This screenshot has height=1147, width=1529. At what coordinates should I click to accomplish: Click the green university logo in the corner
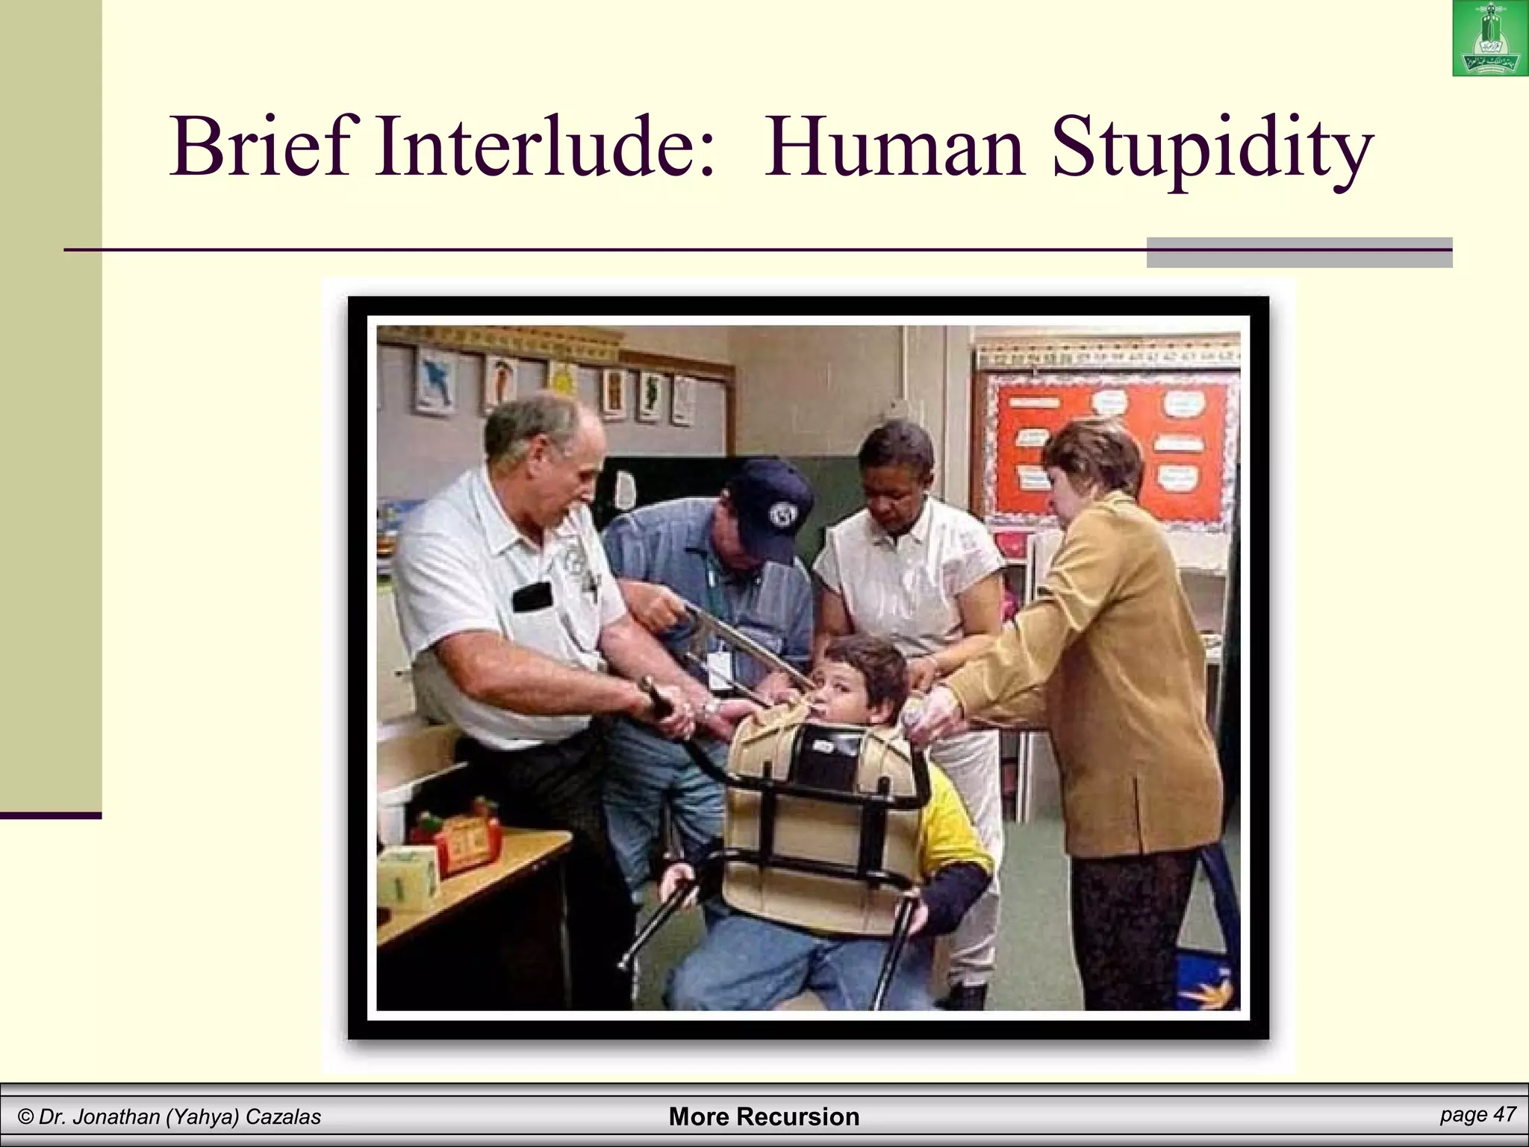click(1489, 39)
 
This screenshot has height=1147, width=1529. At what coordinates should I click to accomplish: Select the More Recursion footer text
click(764, 1116)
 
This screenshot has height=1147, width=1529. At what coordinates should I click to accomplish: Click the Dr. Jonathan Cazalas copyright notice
click(169, 1117)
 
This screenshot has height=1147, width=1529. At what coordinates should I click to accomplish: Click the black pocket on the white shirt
click(532, 596)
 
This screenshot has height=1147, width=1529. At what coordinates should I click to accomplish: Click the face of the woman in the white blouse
click(896, 478)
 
